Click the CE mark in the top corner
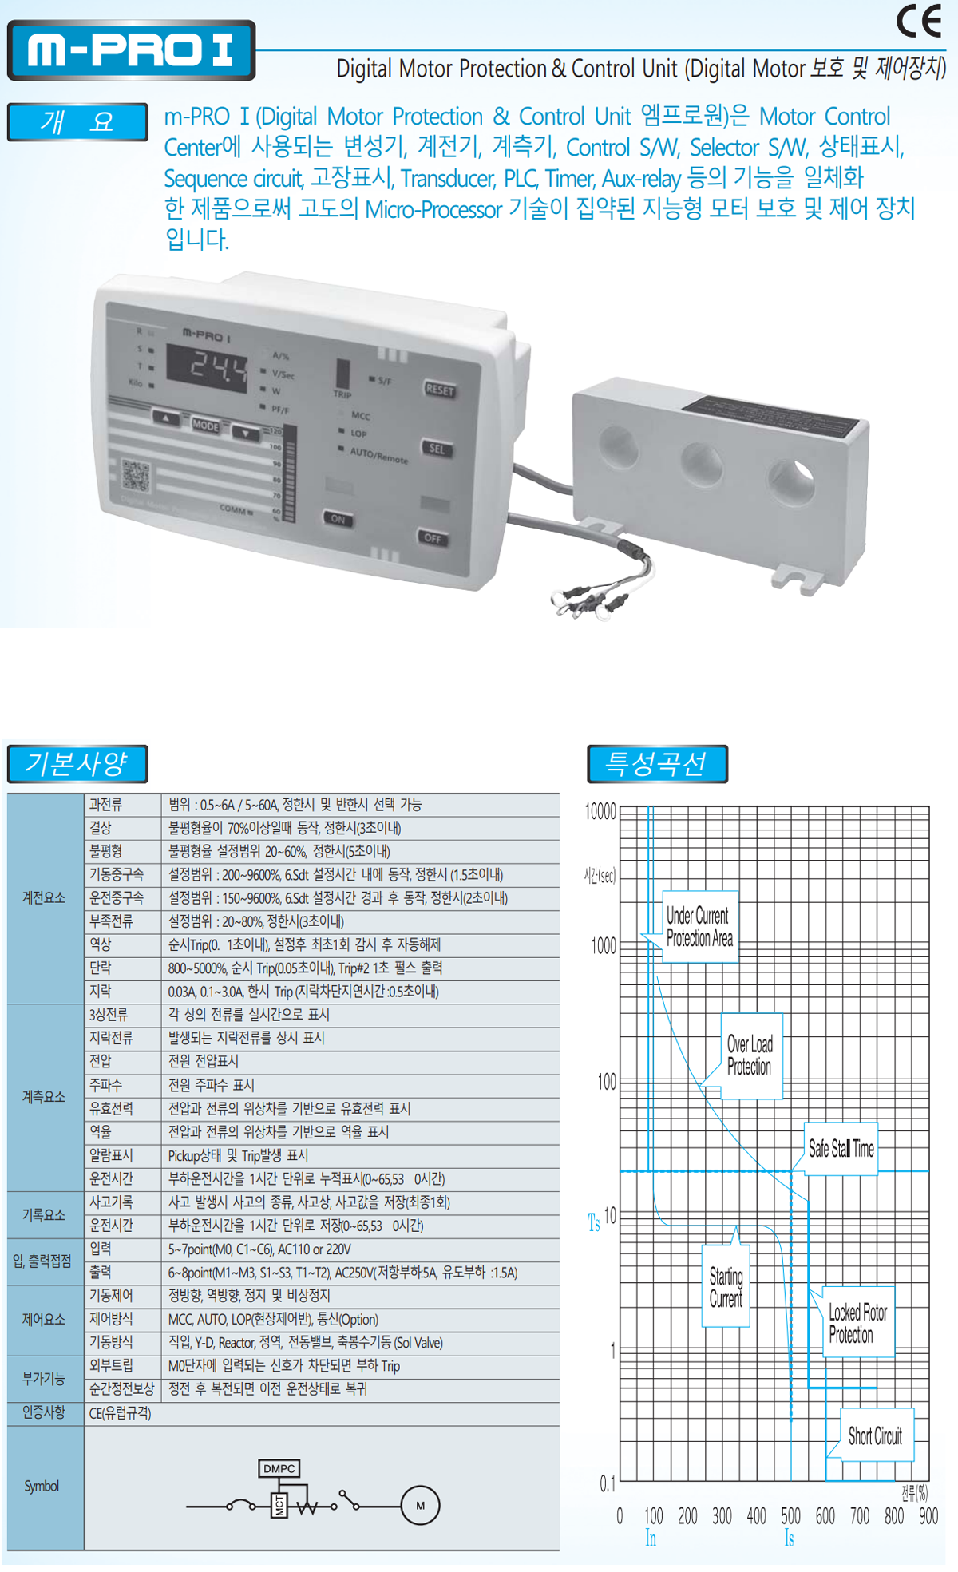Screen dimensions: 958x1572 point(919,22)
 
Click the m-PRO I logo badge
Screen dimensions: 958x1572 point(131,50)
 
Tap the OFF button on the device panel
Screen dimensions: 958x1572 point(433,538)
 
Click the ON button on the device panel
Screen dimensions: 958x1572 point(338,519)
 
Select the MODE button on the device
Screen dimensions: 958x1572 point(205,426)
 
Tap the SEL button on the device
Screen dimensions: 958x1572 point(437,449)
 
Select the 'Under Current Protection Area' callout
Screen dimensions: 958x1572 point(700,927)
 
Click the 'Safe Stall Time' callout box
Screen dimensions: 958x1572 point(841,1149)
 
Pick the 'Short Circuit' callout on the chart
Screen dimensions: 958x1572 point(875,1436)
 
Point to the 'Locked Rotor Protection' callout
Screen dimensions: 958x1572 point(858,1323)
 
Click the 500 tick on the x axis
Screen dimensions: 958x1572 point(790,1515)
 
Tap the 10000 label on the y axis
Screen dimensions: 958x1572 point(600,812)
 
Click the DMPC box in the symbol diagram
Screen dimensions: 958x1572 point(279,1468)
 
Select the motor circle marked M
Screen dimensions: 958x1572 point(420,1506)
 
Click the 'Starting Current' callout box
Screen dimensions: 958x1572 point(726,1287)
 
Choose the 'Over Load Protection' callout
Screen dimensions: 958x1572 point(750,1055)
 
